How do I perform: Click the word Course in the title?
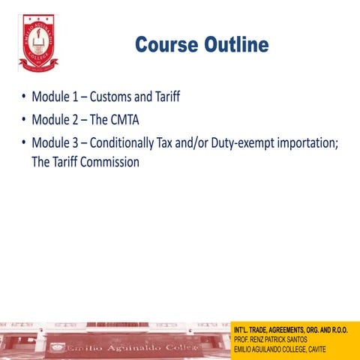[x=165, y=45]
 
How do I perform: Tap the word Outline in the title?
[x=234, y=45]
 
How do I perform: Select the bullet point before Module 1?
[x=24, y=97]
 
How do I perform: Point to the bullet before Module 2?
[x=24, y=119]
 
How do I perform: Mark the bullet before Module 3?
[x=24, y=142]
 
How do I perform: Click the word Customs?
[x=112, y=97]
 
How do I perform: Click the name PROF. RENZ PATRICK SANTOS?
[x=272, y=340]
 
